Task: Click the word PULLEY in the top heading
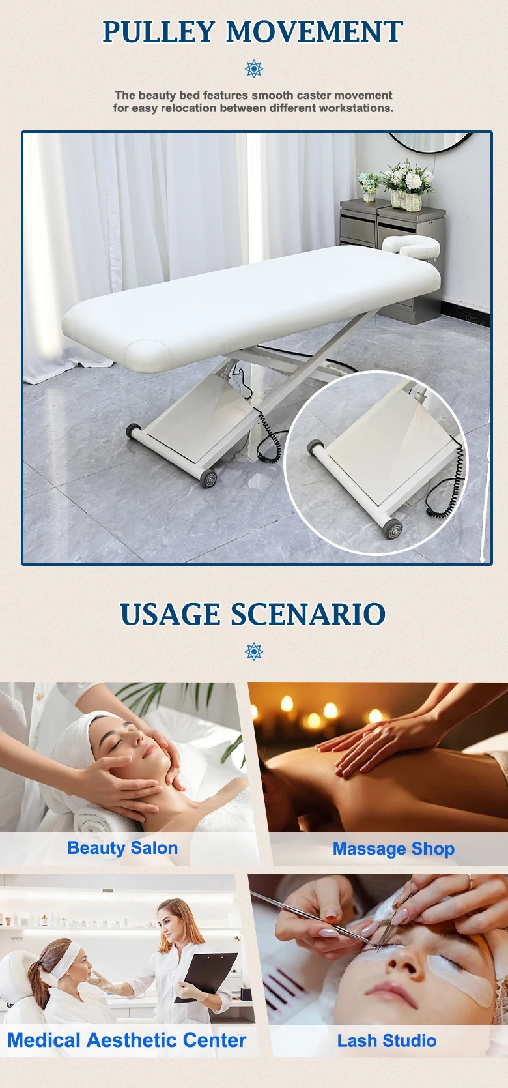pos(159,32)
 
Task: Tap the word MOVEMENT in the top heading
pos(315,32)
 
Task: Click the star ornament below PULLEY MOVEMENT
pos(254,69)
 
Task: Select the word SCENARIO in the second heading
pos(307,614)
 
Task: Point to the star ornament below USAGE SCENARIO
pos(254,651)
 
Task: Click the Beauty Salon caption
pos(122,847)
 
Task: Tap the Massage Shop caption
pos(393,849)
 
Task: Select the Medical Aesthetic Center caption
pos(126,1040)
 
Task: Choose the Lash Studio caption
pos(387,1040)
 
